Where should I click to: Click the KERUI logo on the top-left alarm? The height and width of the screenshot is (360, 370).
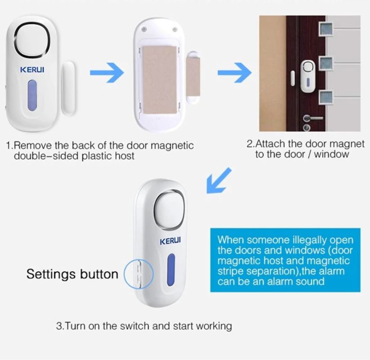pos(32,70)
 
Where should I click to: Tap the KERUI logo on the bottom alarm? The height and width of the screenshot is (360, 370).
pos(170,241)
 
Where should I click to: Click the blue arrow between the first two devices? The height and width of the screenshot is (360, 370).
pos(107,72)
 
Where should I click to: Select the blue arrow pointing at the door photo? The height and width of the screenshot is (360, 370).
pos(234,72)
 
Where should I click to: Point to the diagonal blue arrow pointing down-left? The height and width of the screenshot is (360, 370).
pos(218,180)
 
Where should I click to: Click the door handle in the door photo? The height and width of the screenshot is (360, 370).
pos(312,118)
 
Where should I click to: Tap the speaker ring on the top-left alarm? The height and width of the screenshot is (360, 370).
pos(32,40)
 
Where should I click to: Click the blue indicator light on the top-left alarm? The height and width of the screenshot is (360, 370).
pos(32,95)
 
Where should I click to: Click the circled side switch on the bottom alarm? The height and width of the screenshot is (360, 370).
pos(139,274)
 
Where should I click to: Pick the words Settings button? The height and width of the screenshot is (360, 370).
pos(72,274)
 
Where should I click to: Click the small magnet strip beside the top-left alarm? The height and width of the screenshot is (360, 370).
pos(68,88)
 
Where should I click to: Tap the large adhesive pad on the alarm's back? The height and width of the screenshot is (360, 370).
pos(160,79)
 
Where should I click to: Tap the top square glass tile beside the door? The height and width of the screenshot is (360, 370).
pos(325,30)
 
